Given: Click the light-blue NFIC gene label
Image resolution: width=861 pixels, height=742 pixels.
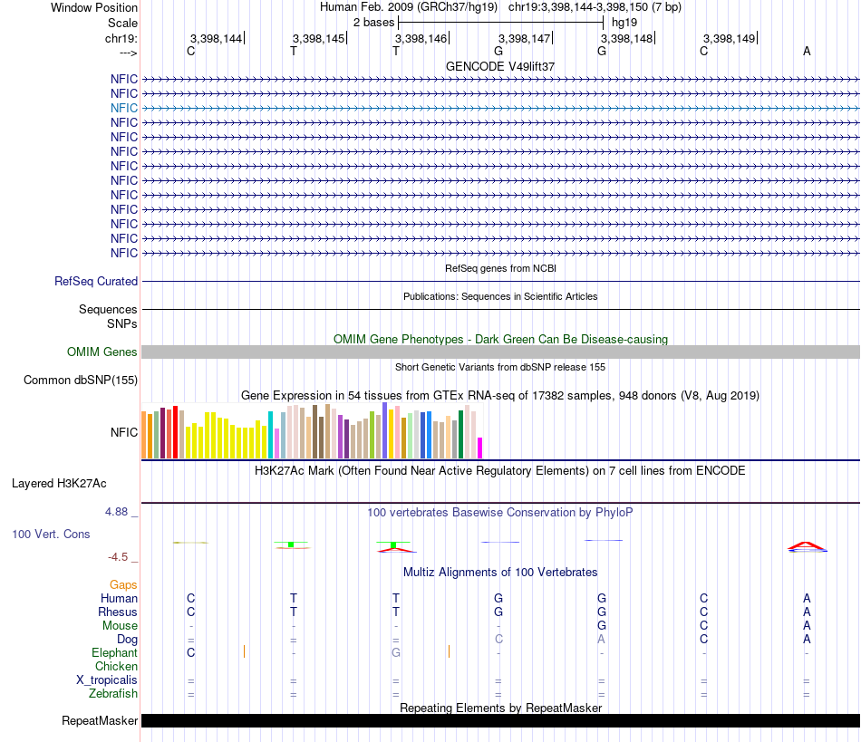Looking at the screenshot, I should [124, 108].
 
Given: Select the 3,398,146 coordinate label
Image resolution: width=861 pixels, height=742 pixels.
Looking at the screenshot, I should [421, 39].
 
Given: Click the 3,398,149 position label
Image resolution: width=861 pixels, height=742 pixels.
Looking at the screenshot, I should [729, 39].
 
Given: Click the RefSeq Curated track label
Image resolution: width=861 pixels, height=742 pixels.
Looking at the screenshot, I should [96, 282].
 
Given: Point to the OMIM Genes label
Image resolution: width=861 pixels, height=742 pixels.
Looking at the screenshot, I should [102, 352].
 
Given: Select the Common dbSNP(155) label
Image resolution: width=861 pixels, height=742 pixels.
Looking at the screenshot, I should [81, 381].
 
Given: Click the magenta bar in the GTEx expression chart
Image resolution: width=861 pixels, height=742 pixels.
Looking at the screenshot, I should [480, 448].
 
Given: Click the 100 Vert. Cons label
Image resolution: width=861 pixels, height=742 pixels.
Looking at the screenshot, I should [51, 535].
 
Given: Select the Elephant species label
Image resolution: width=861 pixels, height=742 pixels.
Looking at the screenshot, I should [114, 653].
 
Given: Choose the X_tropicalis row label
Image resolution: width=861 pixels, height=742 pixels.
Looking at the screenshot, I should [107, 680].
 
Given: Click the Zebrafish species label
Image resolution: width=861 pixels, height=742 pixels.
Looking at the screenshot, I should [113, 694].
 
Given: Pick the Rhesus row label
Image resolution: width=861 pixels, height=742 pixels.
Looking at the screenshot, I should [118, 612].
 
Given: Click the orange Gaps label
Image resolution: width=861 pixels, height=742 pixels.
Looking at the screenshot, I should [123, 585].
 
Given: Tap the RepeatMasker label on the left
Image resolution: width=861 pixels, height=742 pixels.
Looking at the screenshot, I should [100, 721].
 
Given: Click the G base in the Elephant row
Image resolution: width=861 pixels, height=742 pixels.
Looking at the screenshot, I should [396, 653].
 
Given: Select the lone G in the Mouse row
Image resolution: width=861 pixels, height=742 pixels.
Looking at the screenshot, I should [602, 626].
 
